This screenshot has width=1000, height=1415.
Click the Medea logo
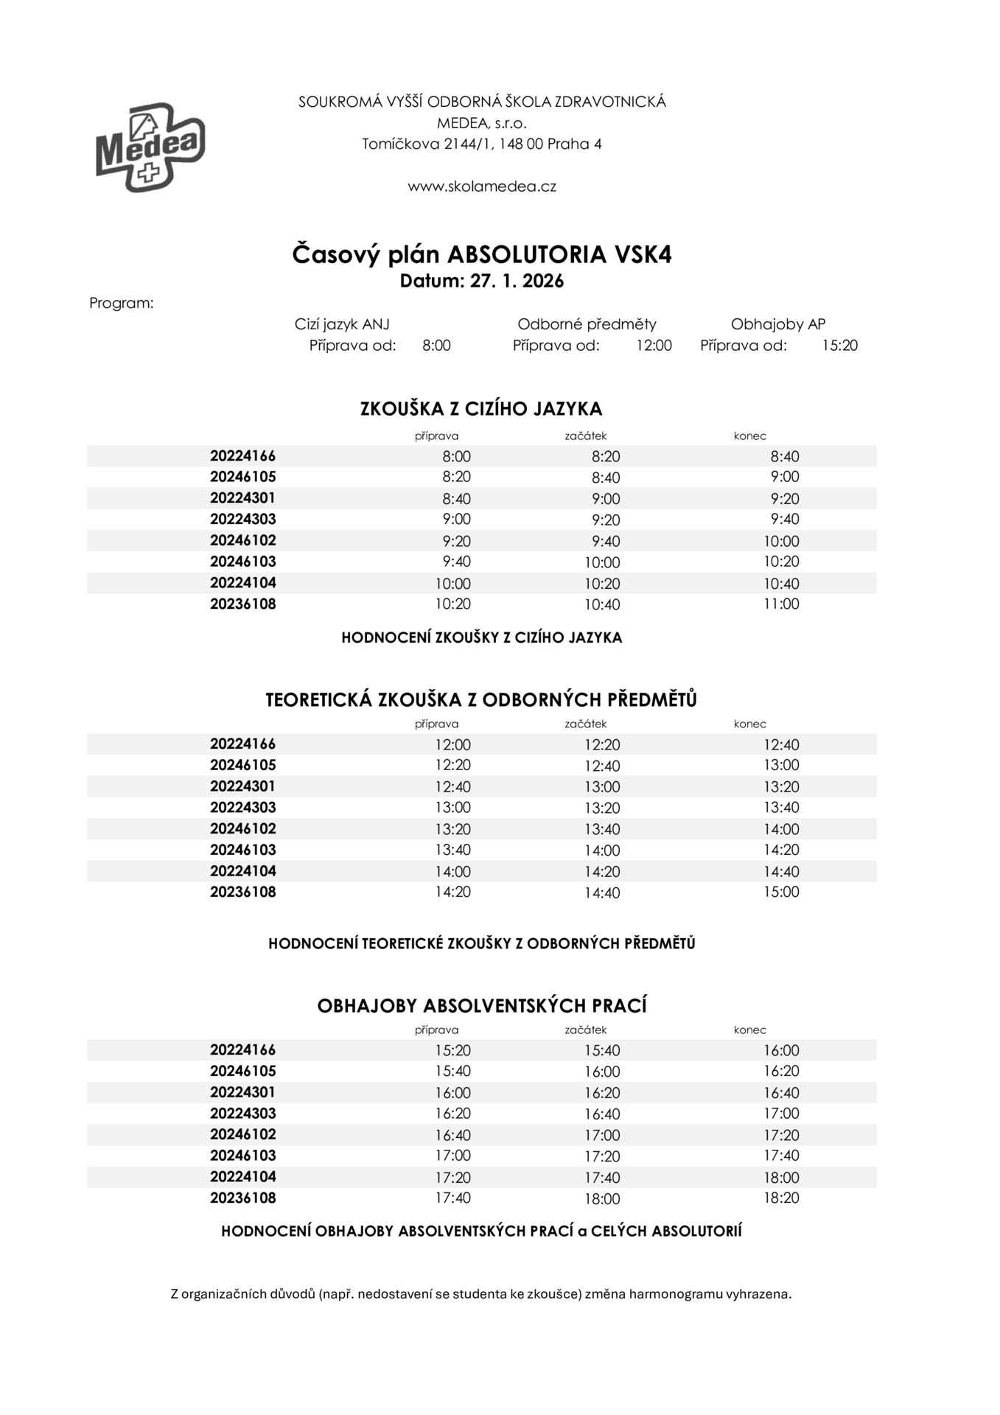coord(150,147)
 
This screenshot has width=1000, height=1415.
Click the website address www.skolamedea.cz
coord(482,186)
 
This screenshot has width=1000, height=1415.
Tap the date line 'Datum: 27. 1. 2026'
coord(482,281)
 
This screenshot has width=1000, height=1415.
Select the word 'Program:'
coord(122,303)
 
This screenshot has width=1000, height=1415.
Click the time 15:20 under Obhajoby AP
coord(840,345)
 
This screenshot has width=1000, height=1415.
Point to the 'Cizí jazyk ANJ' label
coord(342,324)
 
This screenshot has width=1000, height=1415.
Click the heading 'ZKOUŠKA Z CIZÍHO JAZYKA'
coord(481,409)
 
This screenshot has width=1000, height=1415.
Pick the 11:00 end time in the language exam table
coord(781,604)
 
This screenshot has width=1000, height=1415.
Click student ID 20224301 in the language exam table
coord(242,498)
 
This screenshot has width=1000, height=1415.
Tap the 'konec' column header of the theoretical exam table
coord(749,724)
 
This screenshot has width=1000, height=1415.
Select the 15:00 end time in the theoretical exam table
coord(781,892)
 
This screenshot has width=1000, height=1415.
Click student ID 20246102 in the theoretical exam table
coord(242,828)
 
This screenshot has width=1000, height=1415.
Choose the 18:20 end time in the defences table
coord(781,1198)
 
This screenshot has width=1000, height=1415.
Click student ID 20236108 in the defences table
coord(242,1198)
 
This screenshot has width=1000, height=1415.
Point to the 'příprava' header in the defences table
coord(436,1030)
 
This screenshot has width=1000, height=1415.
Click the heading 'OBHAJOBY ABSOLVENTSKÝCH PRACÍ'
coord(482,1006)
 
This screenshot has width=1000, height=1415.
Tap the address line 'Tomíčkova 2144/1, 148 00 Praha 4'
coord(482,144)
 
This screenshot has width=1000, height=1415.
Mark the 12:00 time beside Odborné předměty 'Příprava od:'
coord(654,345)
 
